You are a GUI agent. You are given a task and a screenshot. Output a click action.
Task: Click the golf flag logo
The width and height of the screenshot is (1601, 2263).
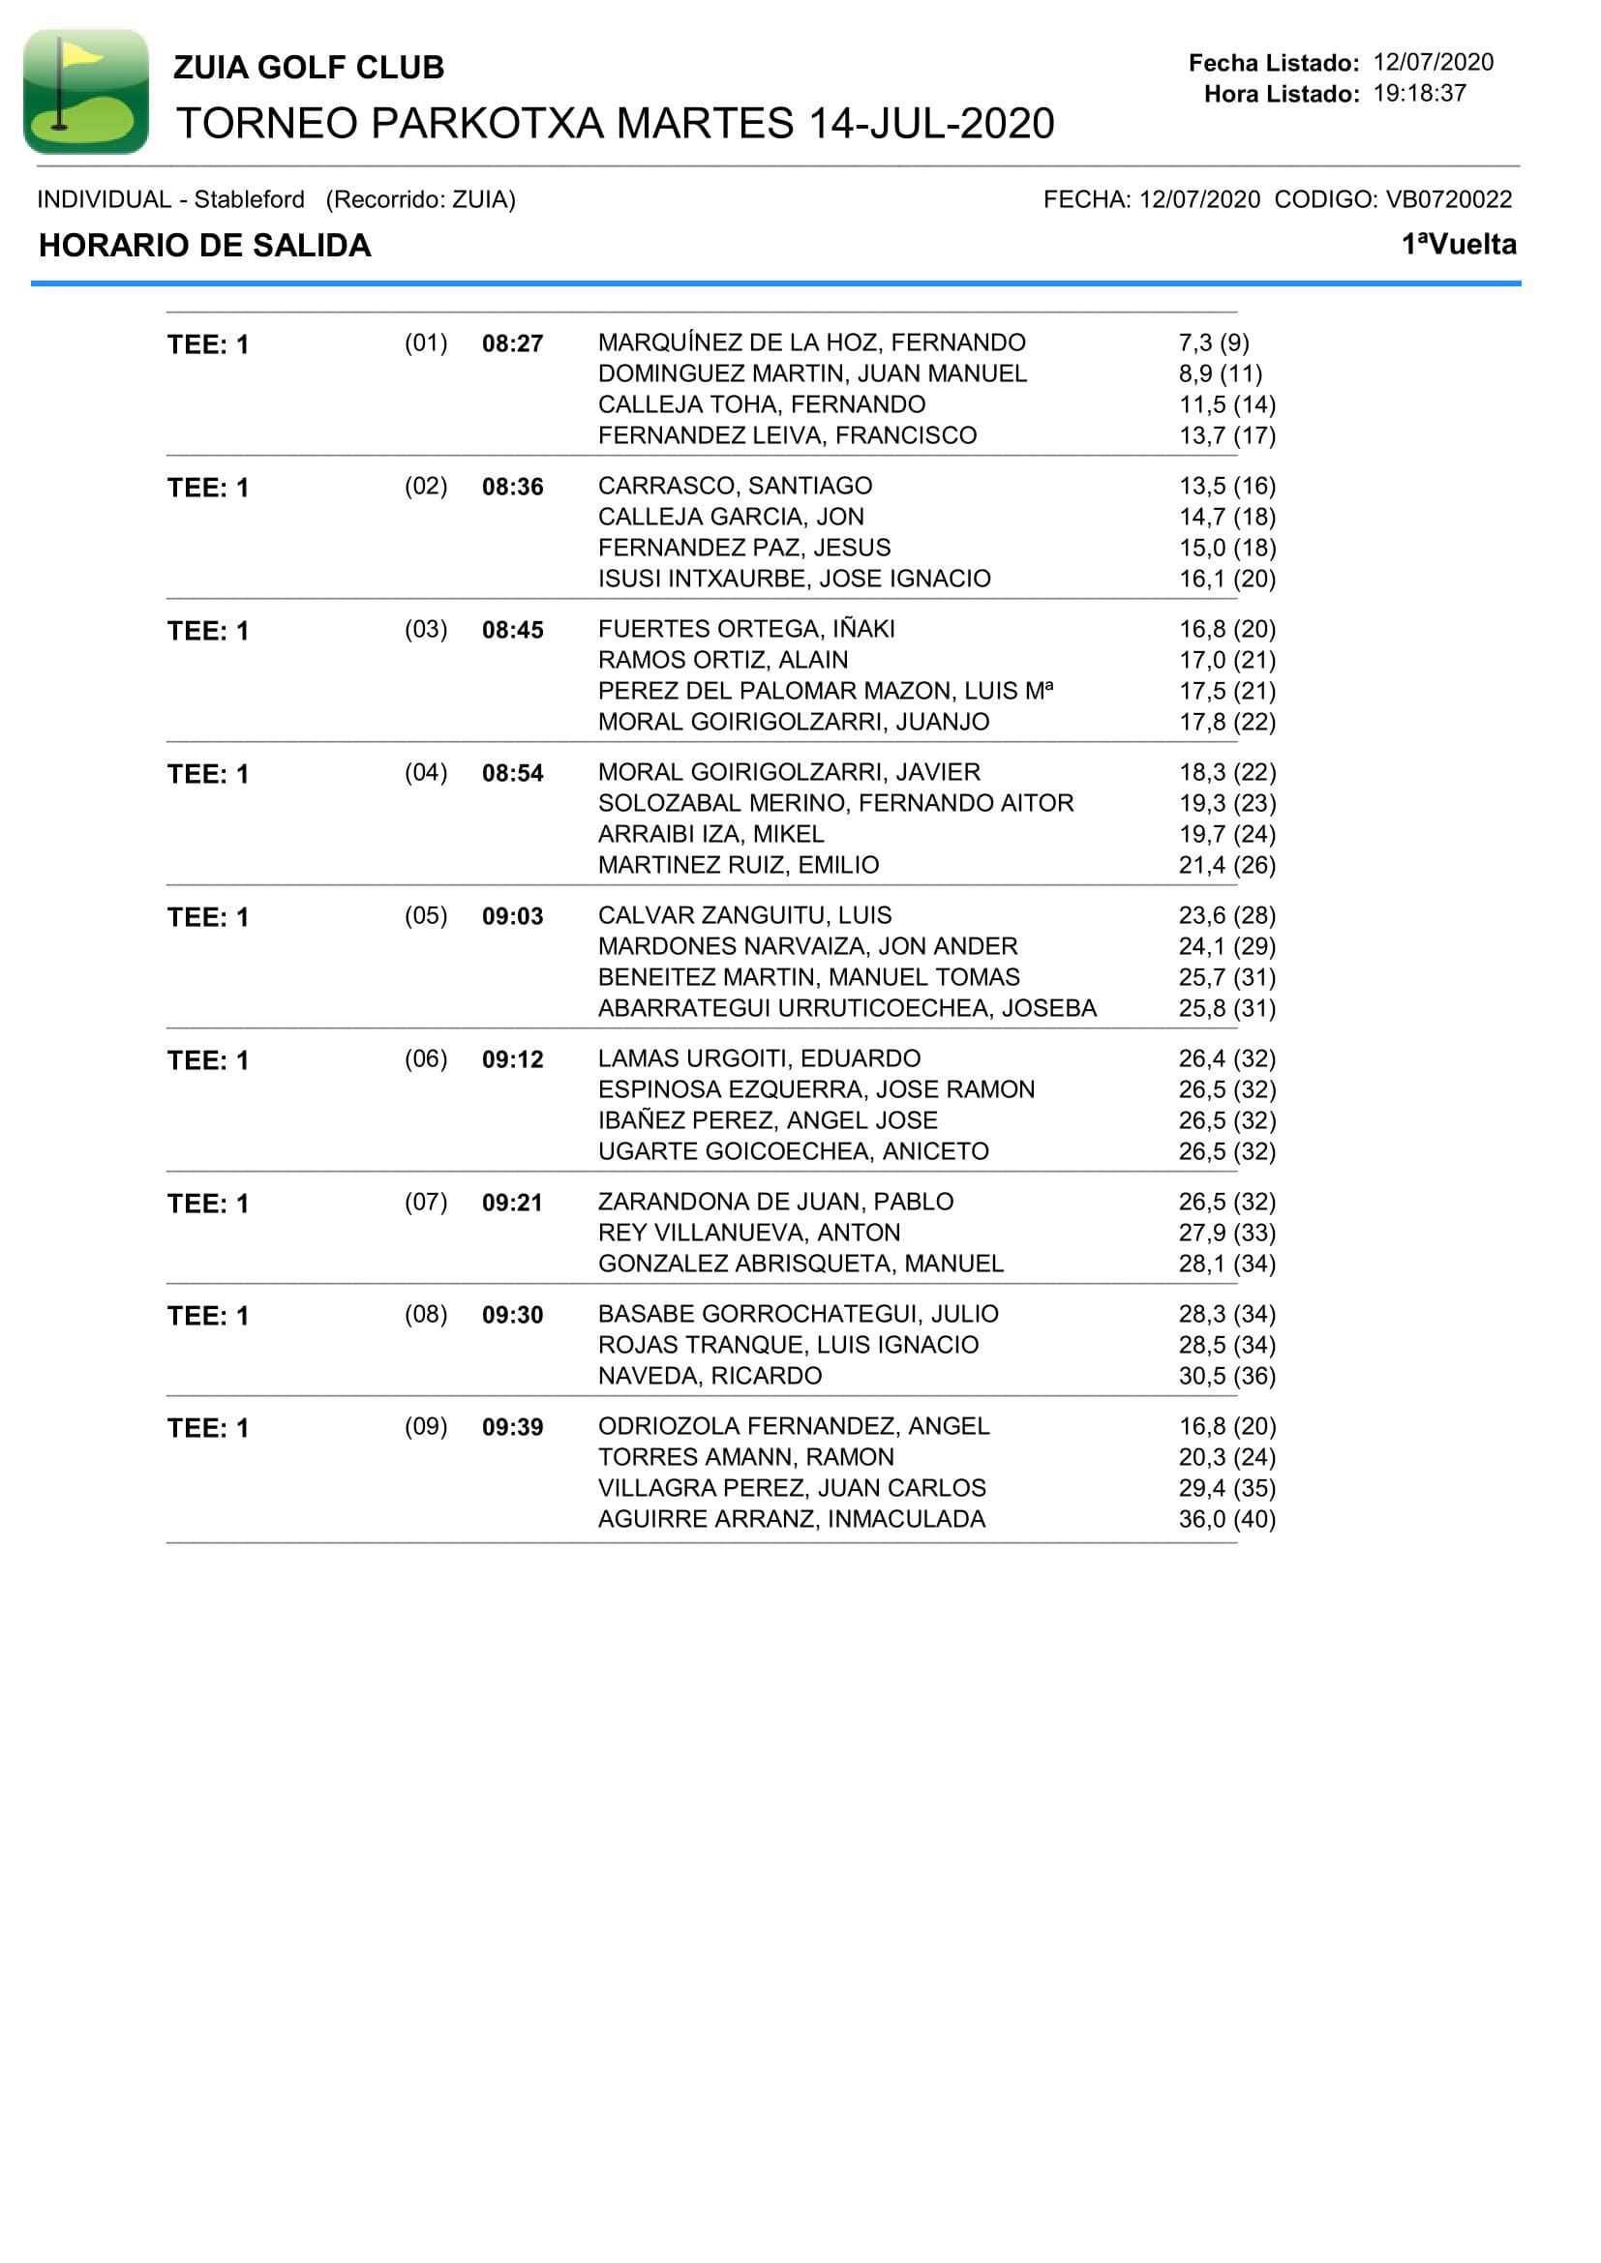point(86,91)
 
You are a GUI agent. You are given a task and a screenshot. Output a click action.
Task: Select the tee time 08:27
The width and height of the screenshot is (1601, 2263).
point(512,344)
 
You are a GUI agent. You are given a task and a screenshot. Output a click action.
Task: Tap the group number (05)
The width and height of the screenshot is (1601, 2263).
point(426,915)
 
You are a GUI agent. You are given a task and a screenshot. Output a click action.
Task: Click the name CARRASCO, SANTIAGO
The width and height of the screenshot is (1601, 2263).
point(735,486)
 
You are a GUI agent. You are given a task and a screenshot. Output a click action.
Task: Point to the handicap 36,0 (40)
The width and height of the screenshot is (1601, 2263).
point(1226,1519)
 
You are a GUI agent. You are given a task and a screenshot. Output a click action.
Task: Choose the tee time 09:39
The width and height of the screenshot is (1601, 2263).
point(512,1427)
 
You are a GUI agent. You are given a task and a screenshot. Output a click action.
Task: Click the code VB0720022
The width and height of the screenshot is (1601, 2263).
point(1448,199)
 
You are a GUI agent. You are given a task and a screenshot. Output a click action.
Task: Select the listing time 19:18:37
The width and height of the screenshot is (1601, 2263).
point(1419,94)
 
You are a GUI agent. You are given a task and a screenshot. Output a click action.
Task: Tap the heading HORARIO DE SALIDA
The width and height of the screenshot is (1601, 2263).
point(205,246)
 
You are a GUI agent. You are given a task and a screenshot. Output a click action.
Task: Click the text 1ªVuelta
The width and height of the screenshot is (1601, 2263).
point(1458,245)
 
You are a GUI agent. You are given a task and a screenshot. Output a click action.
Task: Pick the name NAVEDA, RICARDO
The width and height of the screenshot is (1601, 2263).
point(710,1376)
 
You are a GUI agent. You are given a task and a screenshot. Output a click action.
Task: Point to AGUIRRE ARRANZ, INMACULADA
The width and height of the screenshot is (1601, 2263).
point(792,1519)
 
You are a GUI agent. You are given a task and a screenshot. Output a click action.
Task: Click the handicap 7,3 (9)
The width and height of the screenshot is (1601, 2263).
point(1214,343)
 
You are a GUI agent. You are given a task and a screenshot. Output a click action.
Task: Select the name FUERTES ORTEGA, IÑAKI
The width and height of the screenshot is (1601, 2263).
point(746,629)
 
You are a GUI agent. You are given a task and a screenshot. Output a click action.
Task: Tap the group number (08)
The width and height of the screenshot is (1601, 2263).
point(426,1314)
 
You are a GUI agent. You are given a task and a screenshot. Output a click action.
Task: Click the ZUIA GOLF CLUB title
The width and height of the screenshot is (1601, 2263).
point(309,67)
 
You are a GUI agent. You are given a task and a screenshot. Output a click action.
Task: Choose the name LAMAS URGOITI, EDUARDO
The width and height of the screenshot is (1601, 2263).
point(759,1058)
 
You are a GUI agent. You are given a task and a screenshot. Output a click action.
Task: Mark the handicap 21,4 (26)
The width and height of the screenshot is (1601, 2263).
point(1226,865)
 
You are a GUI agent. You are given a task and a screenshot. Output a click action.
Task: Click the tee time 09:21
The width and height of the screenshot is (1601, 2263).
point(512,1203)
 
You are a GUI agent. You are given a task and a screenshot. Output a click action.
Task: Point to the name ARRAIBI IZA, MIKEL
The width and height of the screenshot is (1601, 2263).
point(710,834)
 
